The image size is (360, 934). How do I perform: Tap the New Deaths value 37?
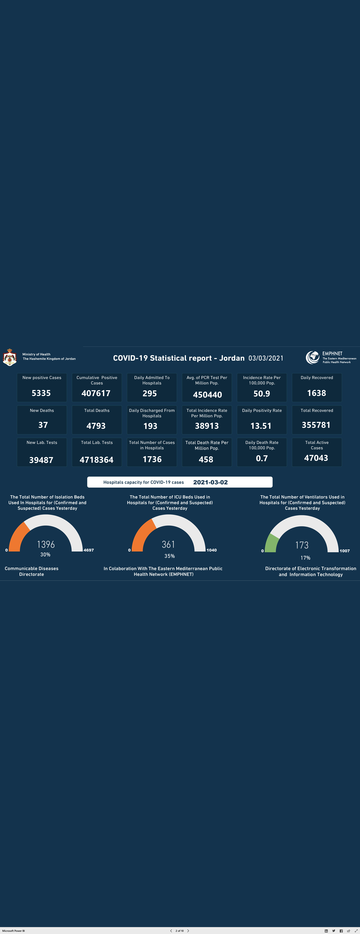43,425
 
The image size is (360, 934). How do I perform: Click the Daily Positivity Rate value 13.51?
261,426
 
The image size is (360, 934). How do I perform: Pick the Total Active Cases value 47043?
316,458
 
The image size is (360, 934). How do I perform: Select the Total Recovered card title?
317,410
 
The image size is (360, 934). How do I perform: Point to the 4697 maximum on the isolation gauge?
89,550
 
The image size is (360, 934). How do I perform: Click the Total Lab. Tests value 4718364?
96,460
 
